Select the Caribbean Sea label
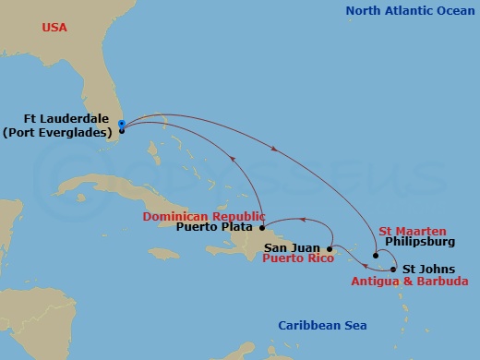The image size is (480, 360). (323, 325)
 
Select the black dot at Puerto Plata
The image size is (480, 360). (262, 227)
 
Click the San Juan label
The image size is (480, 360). (293, 247)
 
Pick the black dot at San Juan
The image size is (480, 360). (330, 248)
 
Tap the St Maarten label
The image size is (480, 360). (413, 231)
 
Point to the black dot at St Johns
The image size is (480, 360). (394, 270)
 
